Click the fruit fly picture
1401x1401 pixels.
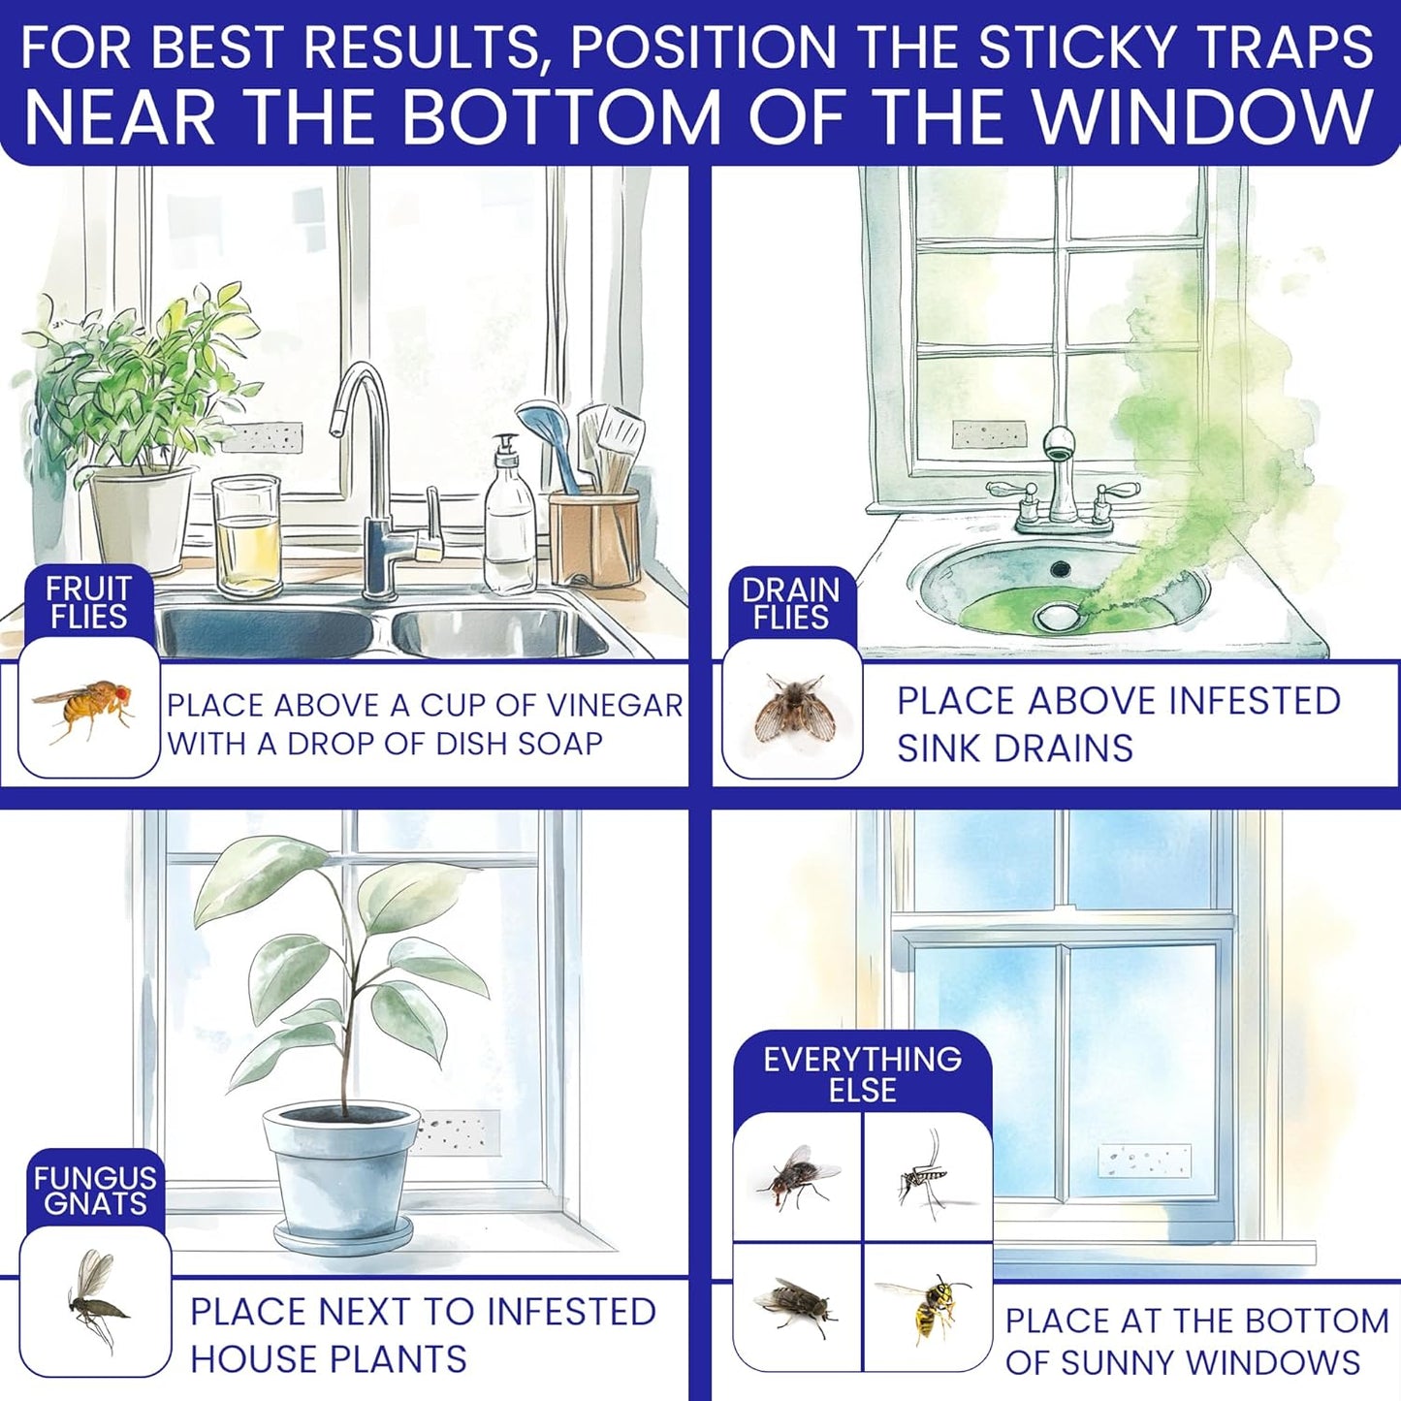click(x=85, y=708)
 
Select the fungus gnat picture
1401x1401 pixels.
click(x=95, y=1299)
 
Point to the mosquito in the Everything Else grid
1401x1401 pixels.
click(x=921, y=1176)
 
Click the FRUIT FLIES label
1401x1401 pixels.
click(x=88, y=602)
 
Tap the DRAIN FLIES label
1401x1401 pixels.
click(x=791, y=603)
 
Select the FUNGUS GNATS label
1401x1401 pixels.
click(x=95, y=1190)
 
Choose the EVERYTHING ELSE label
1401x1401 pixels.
click(x=862, y=1074)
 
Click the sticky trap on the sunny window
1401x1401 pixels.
click(x=1144, y=1161)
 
